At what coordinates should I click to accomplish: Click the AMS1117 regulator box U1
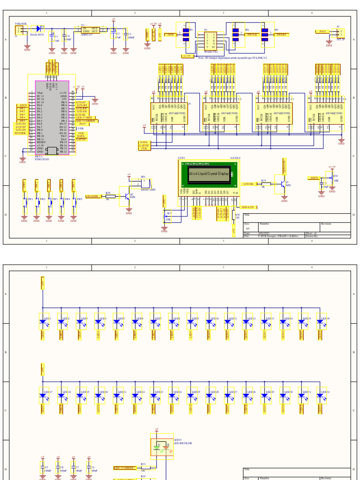pyautogui.click(x=90, y=30)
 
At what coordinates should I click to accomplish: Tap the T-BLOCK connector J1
pyautogui.click(x=20, y=30)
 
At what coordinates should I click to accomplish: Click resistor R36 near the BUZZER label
pyautogui.click(x=108, y=196)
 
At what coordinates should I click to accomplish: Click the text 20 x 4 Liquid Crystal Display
pyautogui.click(x=209, y=173)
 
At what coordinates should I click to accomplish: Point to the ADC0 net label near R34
pyautogui.click(x=314, y=178)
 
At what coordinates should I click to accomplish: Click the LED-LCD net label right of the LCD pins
pyautogui.click(x=247, y=207)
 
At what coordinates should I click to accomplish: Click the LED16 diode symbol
pyautogui.click(x=322, y=322)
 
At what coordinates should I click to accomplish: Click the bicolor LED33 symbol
pyautogui.click(x=162, y=448)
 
